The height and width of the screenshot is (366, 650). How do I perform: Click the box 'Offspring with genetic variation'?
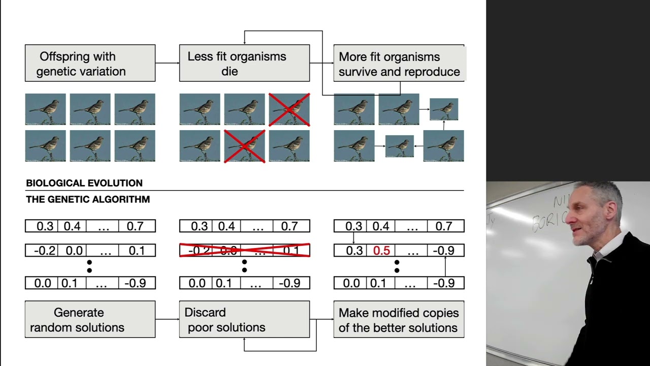pos(90,63)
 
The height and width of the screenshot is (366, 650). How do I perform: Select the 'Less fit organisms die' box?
pos(244,63)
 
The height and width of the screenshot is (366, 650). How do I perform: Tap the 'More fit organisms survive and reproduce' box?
pos(399,63)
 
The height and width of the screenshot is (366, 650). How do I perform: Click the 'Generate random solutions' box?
pos(90,319)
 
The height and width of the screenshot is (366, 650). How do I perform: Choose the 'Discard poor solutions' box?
pos(244,319)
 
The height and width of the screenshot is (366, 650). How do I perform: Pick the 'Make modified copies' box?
pos(399,319)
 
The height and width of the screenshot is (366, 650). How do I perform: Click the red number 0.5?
pos(381,251)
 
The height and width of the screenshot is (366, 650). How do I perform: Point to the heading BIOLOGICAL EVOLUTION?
pos(84,183)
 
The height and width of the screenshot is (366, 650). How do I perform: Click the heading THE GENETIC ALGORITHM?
pos(88,199)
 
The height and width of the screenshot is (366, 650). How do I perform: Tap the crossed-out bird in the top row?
pos(289,109)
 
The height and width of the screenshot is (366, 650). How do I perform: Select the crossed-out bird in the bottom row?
pos(244,146)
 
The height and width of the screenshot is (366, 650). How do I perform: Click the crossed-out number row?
pos(244,250)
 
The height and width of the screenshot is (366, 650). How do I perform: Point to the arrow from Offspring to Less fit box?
pos(167,63)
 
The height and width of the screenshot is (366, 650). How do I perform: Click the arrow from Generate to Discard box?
pos(167,319)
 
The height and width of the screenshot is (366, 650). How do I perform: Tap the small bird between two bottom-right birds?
pos(399,146)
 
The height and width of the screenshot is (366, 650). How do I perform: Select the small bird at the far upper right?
pos(444,109)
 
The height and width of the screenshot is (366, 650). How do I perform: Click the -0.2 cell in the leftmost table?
pos(44,251)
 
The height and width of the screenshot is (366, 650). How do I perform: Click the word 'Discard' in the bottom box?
pos(205,312)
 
